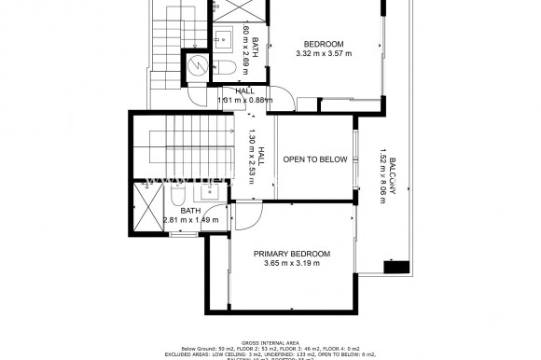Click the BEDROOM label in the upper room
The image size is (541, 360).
(x=325, y=44)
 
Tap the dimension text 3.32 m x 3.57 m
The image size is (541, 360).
(x=324, y=54)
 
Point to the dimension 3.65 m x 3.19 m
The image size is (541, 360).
(x=292, y=264)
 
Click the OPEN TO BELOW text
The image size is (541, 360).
(x=315, y=159)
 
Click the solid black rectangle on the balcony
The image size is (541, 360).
(x=396, y=267)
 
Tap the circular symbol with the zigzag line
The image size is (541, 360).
(x=197, y=64)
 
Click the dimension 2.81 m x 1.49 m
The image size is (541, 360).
(x=191, y=221)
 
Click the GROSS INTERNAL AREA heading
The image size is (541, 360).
(x=270, y=343)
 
